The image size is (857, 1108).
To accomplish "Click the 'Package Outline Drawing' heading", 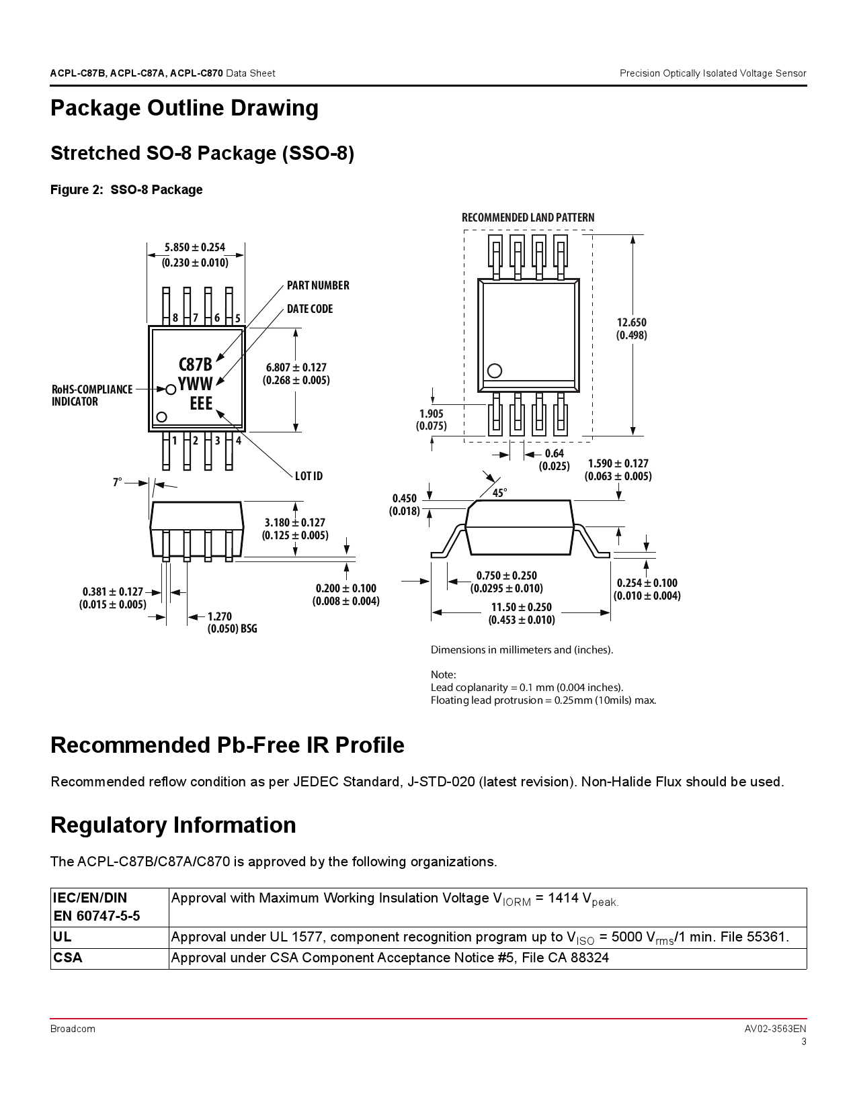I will pos(184,108).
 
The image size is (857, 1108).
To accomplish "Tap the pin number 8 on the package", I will pos(175,318).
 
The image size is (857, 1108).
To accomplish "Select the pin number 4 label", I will pos(238,441).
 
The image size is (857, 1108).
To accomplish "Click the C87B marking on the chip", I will pos(195,365).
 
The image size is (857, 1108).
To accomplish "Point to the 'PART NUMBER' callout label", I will pos(318,285).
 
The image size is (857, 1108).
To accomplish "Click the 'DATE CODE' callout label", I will pos(309,309).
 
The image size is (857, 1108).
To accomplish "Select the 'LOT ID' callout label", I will pos(309,476).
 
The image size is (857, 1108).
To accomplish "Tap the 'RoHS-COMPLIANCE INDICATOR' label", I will pos(91,396).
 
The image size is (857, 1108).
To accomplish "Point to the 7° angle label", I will pos(118,482).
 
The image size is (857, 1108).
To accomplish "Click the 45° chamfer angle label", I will pos(499,493).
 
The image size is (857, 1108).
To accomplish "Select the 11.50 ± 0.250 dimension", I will pos(521,613).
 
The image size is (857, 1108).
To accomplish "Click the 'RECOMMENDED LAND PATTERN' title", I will pos(528,218).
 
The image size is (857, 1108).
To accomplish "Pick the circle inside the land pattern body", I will pos(495,371).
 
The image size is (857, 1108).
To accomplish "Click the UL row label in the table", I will pos(63,937).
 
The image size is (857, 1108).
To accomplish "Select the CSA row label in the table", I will pos(67,958).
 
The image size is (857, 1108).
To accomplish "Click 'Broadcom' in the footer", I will pos(73,1029).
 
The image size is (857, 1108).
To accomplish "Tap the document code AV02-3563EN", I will pos(775,1029).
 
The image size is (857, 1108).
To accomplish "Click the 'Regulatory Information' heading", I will pos(173,825).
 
